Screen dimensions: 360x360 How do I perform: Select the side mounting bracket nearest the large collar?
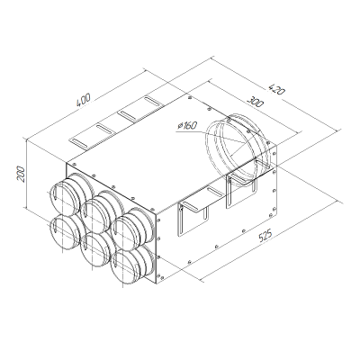click(242, 190)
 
